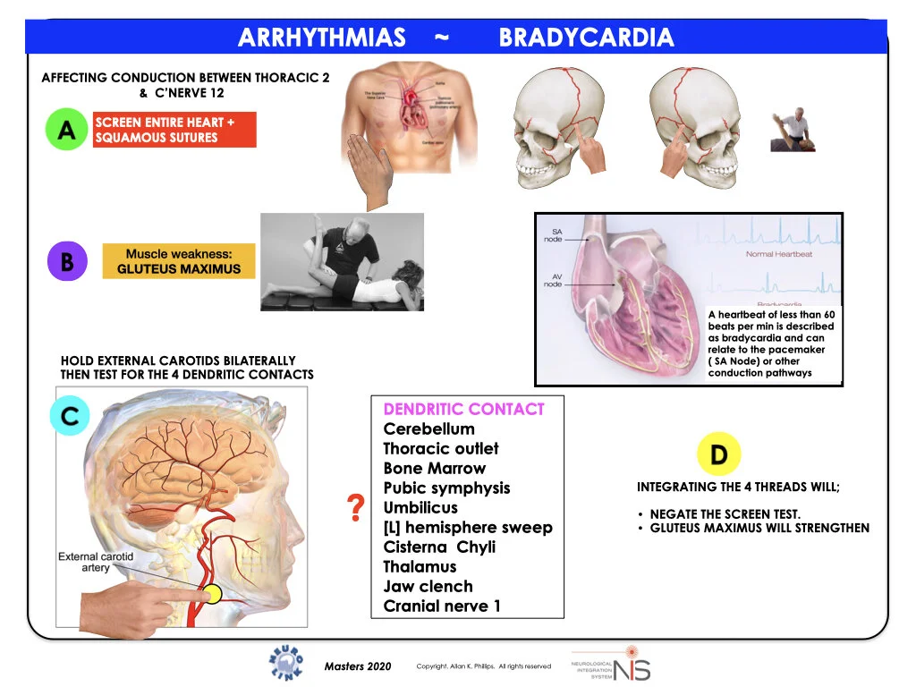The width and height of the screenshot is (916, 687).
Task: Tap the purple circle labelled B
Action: [66, 261]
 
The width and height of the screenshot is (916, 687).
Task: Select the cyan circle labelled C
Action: [70, 415]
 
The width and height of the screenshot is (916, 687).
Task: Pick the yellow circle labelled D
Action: [718, 454]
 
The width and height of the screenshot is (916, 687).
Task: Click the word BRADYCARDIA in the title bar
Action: [586, 38]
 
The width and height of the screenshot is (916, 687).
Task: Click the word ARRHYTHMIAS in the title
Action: [322, 38]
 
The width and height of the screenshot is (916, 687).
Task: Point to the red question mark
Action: [355, 508]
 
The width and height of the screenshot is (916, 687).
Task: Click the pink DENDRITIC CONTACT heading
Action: [463, 409]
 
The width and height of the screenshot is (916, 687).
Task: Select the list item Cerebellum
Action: [429, 428]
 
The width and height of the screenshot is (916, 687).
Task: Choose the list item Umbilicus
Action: [420, 507]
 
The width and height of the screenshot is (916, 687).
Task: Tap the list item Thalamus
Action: [420, 566]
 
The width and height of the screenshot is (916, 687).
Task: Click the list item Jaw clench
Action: [428, 586]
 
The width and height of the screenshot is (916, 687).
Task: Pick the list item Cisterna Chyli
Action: [439, 547]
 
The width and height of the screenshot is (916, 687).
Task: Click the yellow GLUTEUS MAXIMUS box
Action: [179, 261]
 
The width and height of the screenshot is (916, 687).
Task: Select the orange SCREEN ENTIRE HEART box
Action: [174, 130]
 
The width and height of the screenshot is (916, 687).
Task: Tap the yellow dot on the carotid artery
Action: [212, 593]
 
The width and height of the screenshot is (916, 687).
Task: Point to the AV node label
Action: [554, 279]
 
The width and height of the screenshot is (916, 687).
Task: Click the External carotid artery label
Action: [96, 562]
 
